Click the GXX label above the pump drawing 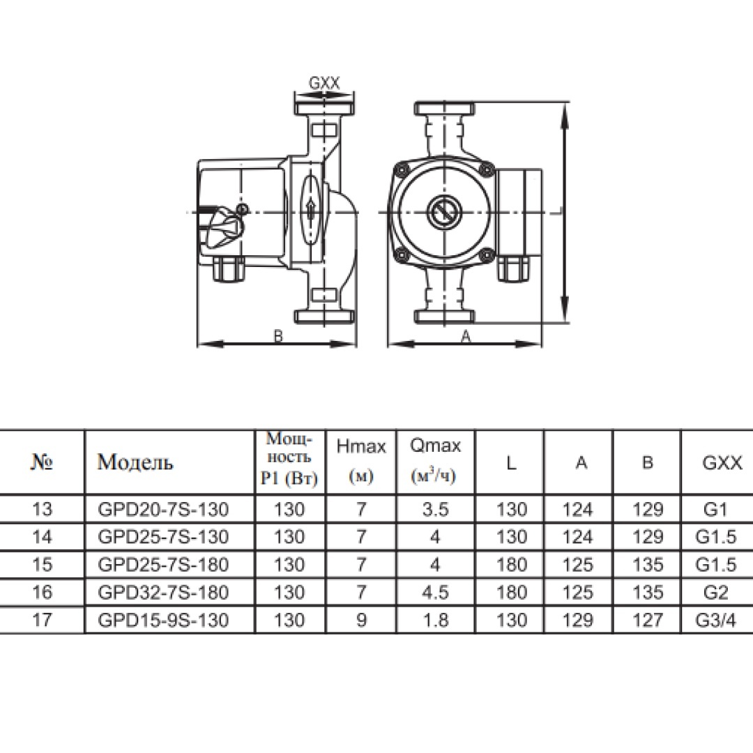[324, 83]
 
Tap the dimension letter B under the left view [278, 337]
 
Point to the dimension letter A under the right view [466, 337]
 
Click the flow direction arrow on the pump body [310, 210]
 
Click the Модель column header [135, 462]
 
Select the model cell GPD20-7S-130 [163, 509]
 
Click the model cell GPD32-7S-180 [163, 593]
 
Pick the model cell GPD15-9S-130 [163, 621]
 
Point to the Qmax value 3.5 [436, 509]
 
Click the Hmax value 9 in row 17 [361, 621]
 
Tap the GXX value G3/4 [715, 621]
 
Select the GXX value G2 [715, 593]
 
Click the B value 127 [648, 621]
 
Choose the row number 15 [42, 565]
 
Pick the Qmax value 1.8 [436, 621]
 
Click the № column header [42, 462]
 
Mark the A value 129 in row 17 [578, 621]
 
